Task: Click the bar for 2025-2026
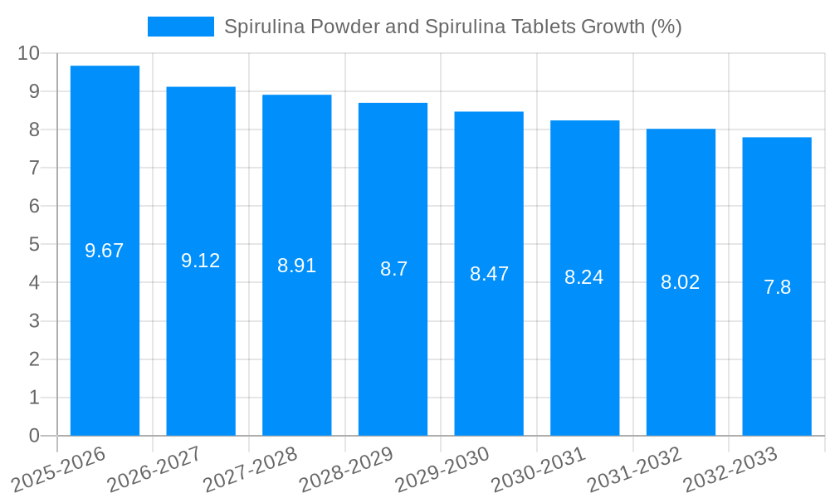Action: tap(105, 332)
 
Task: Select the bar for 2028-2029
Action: tap(393, 349)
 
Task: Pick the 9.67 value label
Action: tap(105, 251)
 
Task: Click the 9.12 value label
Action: tap(201, 261)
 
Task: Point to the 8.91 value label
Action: tap(296, 266)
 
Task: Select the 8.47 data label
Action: tap(489, 274)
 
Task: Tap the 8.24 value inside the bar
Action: tap(584, 277)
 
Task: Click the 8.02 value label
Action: tap(681, 282)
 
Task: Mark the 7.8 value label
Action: tap(777, 287)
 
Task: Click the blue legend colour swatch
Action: tap(180, 27)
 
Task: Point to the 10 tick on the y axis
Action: tap(29, 53)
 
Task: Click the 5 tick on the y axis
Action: tap(34, 244)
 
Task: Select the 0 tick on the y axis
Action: tap(34, 436)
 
